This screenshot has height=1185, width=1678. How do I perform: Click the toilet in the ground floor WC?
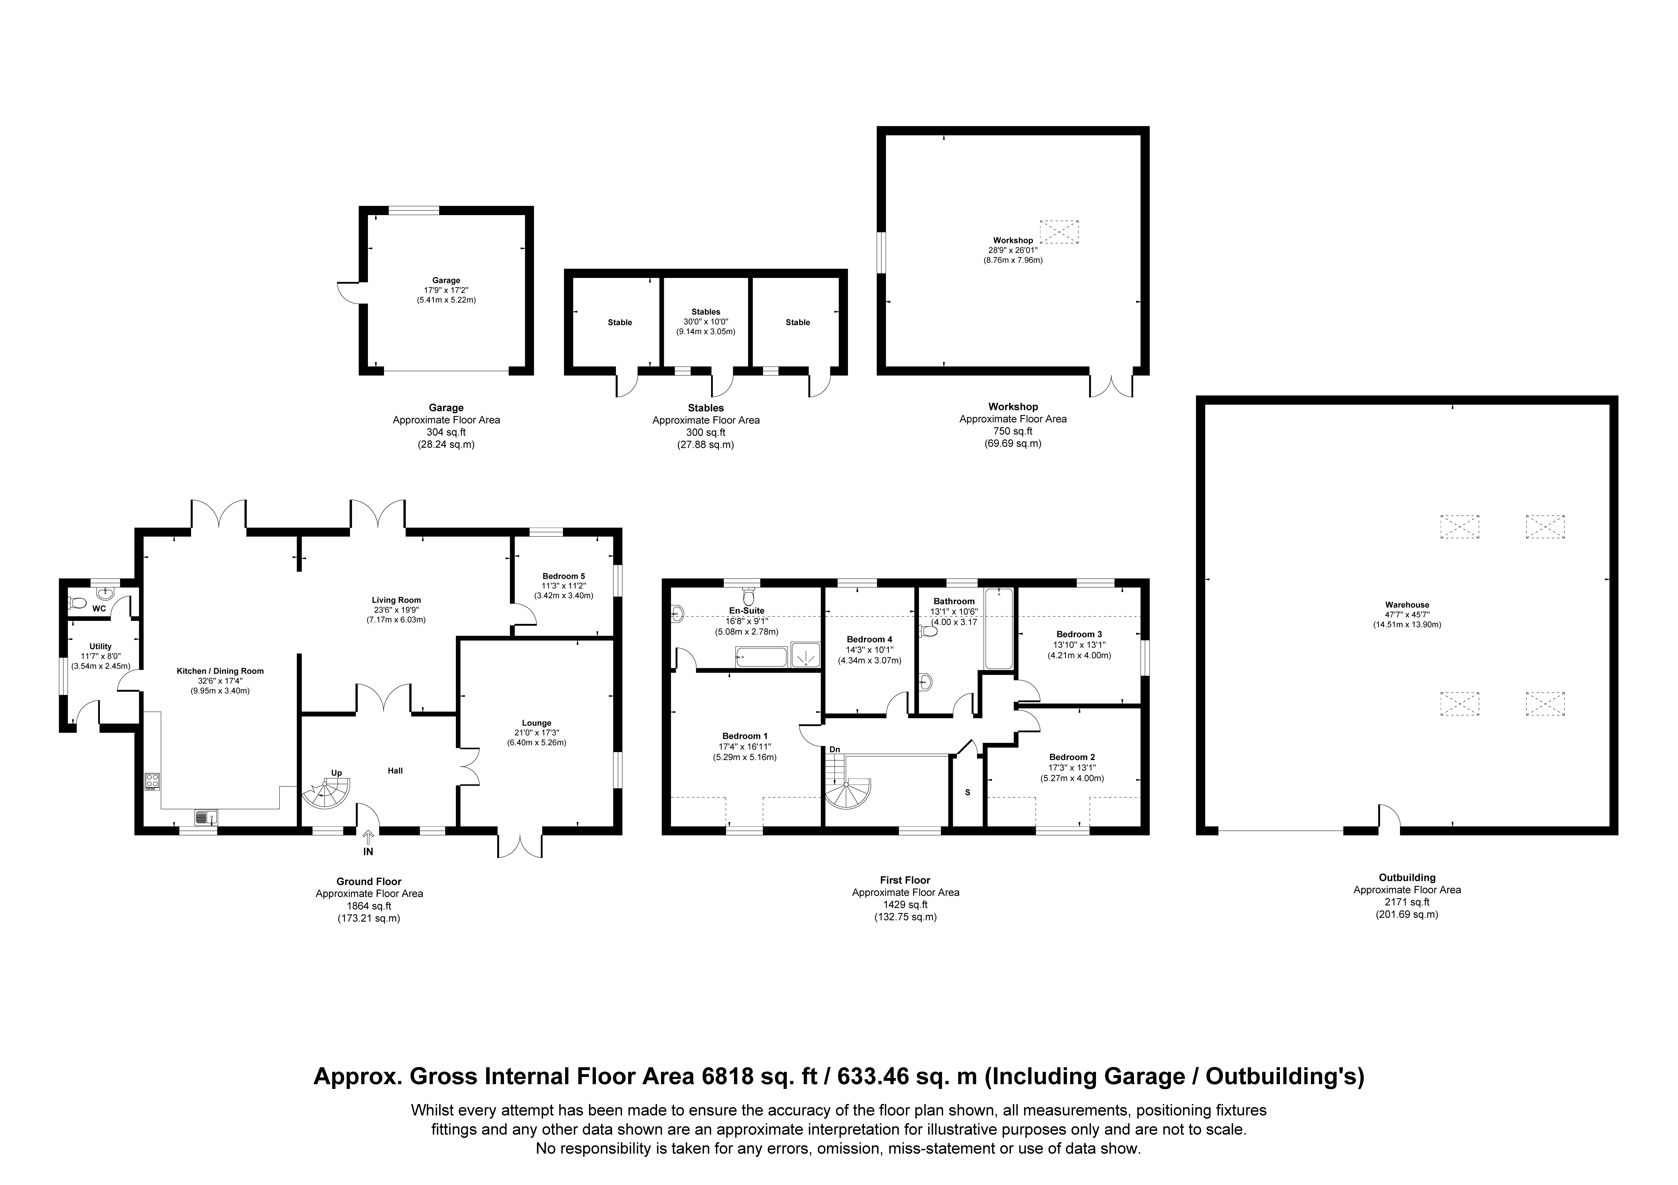[x=76, y=603]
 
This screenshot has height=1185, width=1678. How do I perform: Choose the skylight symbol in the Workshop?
[x=1059, y=232]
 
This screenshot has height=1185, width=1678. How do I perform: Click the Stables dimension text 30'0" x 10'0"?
[x=706, y=321]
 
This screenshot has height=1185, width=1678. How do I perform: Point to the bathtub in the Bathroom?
[x=998, y=628]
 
